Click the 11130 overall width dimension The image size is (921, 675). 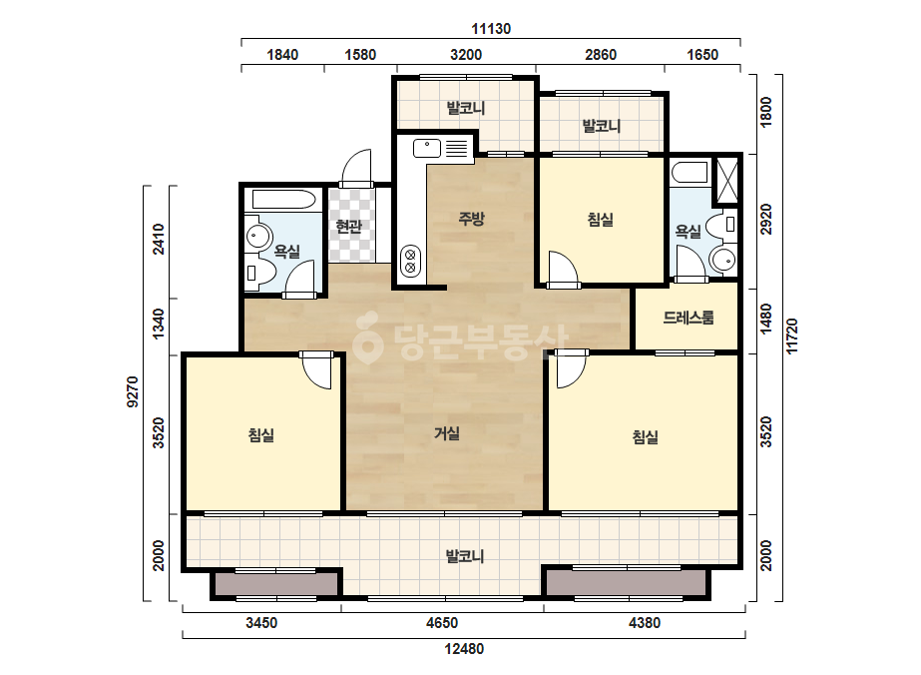click(x=491, y=29)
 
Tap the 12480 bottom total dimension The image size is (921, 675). click(x=464, y=649)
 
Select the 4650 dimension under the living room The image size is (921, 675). click(x=442, y=623)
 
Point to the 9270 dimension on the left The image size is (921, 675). click(x=133, y=391)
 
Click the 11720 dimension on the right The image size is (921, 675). click(x=792, y=337)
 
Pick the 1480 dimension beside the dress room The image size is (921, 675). click(x=766, y=320)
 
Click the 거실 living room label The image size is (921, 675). click(x=446, y=433)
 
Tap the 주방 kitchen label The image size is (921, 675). click(x=471, y=219)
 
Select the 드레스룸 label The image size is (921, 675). click(x=689, y=319)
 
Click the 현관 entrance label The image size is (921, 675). click(x=349, y=226)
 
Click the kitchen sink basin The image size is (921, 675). click(x=427, y=148)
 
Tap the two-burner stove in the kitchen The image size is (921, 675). click(x=410, y=262)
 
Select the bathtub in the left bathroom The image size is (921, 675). click(x=284, y=200)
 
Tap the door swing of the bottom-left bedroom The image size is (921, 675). click(x=317, y=371)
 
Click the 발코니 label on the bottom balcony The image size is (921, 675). click(x=465, y=555)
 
